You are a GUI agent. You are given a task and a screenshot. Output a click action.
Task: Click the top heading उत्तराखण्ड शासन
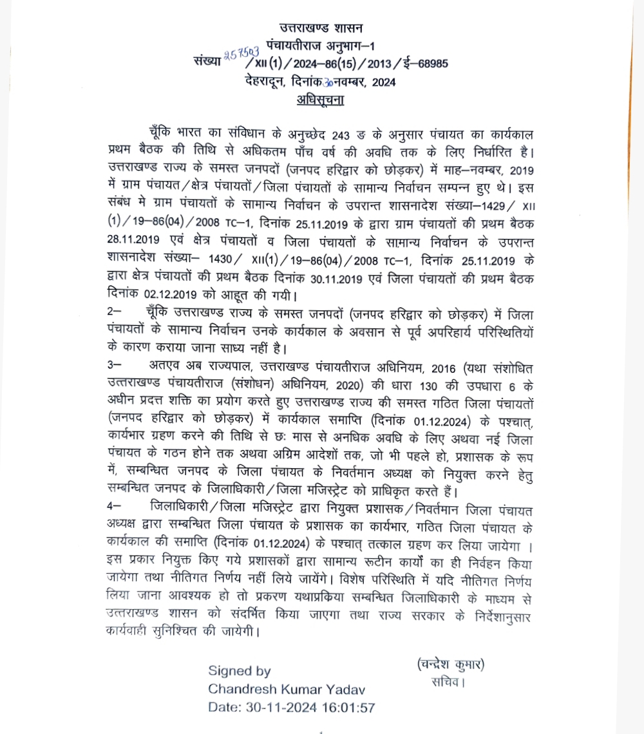tap(321, 28)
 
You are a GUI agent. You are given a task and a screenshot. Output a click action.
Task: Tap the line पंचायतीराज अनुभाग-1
tap(321, 45)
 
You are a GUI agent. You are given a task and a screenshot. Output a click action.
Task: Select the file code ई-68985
tap(422, 63)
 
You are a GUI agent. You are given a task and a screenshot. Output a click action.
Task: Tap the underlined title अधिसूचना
tap(321, 100)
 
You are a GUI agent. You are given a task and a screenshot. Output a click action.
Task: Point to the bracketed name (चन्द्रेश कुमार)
tap(450, 664)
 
